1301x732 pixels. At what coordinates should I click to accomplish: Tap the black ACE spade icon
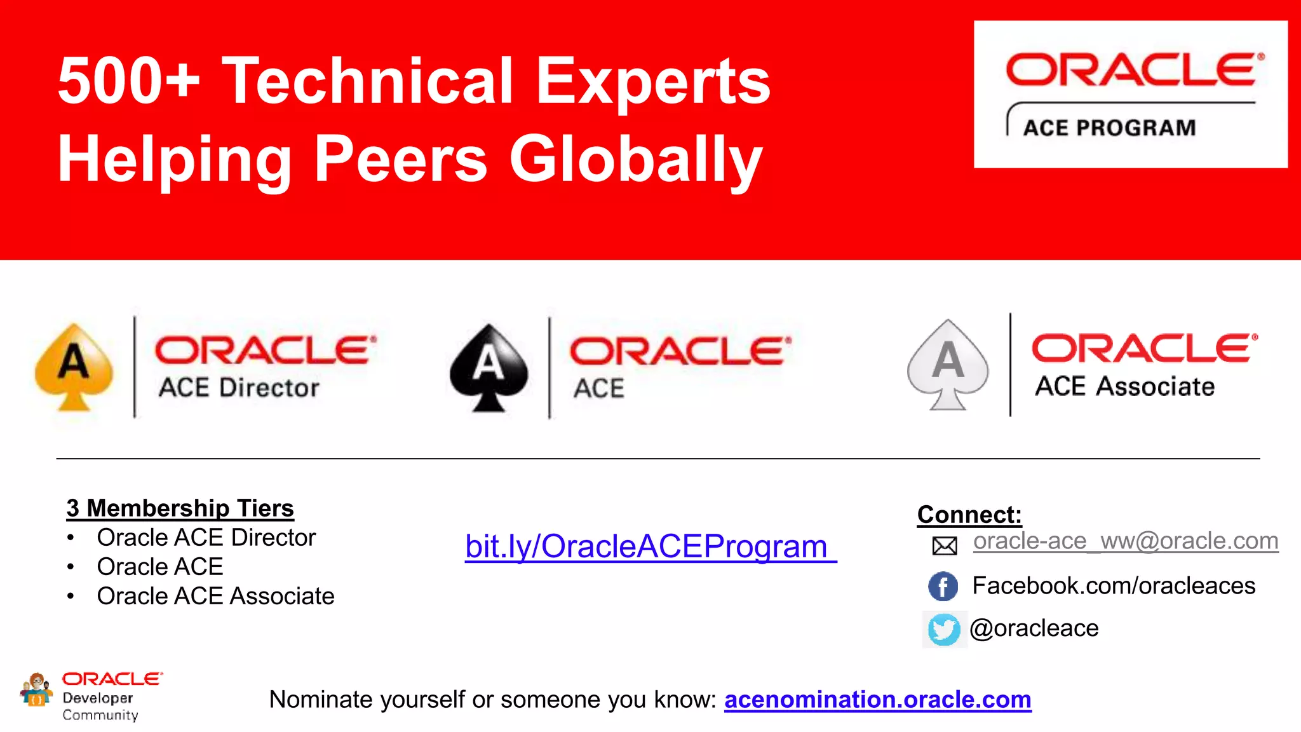point(489,367)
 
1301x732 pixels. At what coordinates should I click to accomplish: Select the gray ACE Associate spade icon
point(948,365)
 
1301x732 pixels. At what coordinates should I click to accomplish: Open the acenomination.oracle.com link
point(877,700)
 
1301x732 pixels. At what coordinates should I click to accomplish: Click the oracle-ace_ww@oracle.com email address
point(1125,541)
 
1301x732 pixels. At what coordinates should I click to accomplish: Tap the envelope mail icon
point(945,545)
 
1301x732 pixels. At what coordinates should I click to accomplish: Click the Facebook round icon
point(943,586)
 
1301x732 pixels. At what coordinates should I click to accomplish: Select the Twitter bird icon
point(944,629)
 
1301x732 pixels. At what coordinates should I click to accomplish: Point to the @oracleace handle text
point(1034,628)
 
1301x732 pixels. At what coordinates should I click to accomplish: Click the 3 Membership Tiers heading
point(180,508)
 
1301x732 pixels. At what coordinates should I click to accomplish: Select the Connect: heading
point(969,515)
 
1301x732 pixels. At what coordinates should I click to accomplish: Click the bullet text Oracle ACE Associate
point(215,596)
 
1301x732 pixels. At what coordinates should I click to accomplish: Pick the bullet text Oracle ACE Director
point(206,538)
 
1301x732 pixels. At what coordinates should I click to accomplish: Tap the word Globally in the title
point(635,159)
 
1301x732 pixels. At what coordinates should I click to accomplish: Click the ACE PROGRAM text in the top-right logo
point(1109,128)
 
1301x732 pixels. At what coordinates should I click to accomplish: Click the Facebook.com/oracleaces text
point(1114,586)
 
